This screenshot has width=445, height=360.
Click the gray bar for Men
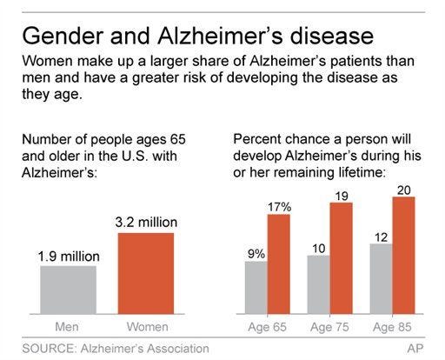[x=69, y=290]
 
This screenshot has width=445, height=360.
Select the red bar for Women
[x=146, y=273]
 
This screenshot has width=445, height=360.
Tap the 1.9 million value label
[x=69, y=257]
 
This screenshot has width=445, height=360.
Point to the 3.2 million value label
[x=146, y=223]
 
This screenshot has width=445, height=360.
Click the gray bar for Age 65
[x=256, y=288]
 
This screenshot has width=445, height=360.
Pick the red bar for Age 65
[x=279, y=264]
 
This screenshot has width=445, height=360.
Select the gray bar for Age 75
[x=319, y=284]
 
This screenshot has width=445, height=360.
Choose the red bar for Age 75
[x=342, y=258]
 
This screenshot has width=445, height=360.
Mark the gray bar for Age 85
[x=382, y=279]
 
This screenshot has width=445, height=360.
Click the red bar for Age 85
[x=404, y=256]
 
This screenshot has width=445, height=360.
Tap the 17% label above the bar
[x=279, y=207]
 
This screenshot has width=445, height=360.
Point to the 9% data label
[x=256, y=254]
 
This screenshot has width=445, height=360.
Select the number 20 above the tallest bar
[x=404, y=190]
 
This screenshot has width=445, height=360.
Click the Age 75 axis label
[x=329, y=327]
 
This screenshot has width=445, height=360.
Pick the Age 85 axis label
[x=392, y=327]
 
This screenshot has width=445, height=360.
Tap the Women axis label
[x=147, y=327]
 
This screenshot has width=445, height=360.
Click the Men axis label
[x=67, y=327]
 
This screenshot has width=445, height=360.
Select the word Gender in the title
[x=63, y=36]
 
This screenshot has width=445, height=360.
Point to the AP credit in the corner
[x=415, y=349]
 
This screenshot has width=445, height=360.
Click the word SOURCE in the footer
[x=49, y=349]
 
